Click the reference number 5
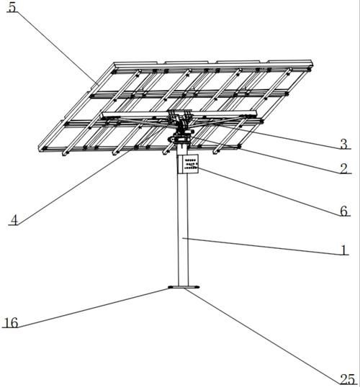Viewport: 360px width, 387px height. [x=12, y=7]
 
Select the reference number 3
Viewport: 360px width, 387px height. [x=343, y=144]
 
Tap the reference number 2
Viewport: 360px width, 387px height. [x=343, y=168]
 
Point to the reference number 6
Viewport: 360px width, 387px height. [x=343, y=211]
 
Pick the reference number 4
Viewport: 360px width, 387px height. [x=14, y=220]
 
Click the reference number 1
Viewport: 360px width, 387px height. [x=344, y=250]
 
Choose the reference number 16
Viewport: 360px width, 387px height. [x=12, y=323]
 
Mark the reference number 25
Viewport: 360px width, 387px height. [x=348, y=379]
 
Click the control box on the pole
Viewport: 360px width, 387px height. [x=188, y=164]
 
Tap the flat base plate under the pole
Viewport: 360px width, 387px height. [x=184, y=287]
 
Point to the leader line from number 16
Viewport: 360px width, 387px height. [x=93, y=308]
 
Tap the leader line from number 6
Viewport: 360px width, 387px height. [x=269, y=191]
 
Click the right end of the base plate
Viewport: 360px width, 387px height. [x=199, y=287]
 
